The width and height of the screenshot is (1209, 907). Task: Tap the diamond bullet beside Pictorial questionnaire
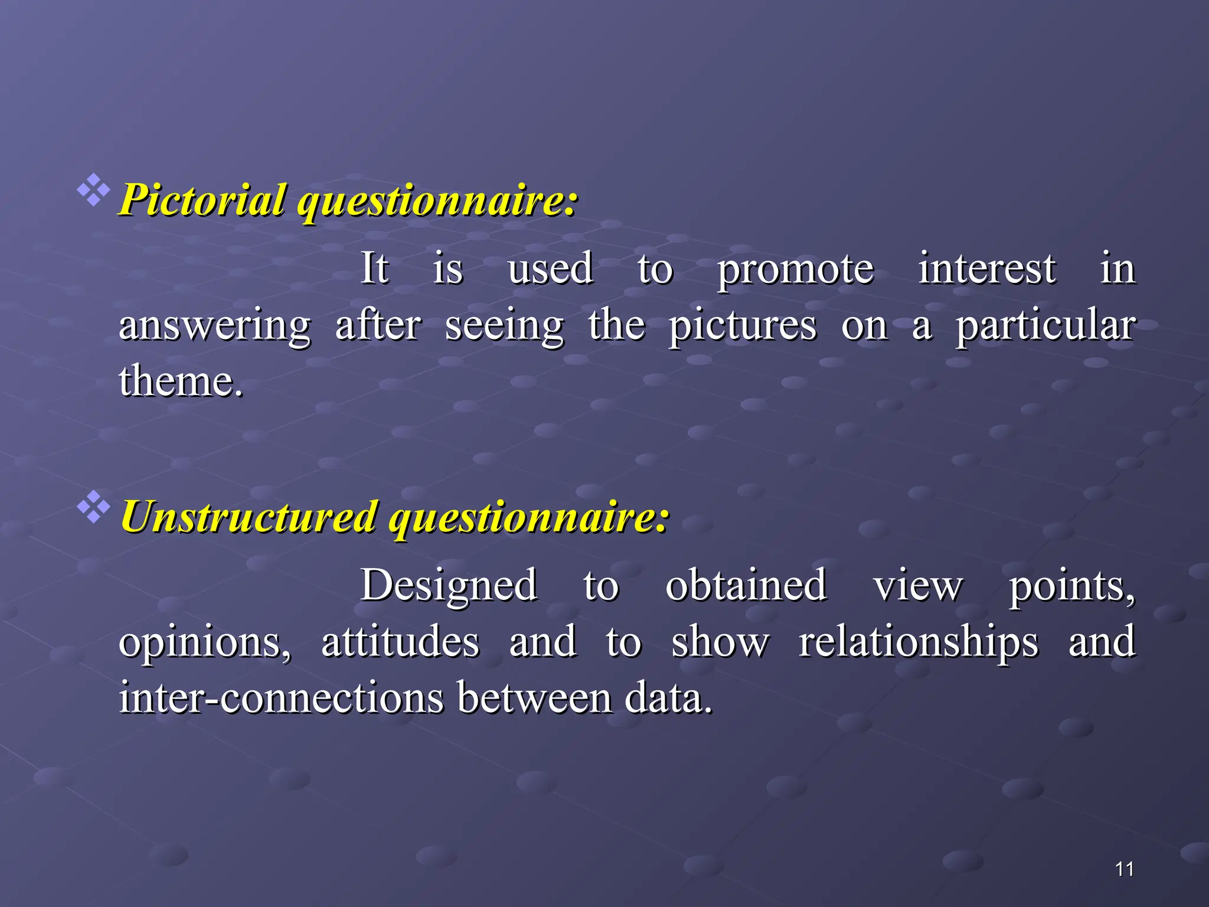(93, 190)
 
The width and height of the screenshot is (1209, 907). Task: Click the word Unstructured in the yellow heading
(249, 517)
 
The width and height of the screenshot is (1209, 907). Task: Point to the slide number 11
(1125, 869)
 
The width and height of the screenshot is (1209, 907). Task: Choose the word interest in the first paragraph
(987, 268)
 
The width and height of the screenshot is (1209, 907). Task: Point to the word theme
(179, 381)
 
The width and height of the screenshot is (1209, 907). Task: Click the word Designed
(449, 585)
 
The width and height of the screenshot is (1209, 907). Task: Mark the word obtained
(746, 585)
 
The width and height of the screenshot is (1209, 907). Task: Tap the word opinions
(205, 642)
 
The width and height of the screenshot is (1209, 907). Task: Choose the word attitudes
(400, 641)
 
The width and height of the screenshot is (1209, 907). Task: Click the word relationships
(918, 642)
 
